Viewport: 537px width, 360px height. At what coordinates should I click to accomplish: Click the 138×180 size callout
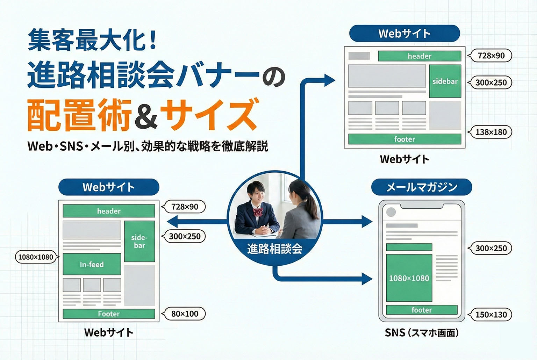[x=491, y=132]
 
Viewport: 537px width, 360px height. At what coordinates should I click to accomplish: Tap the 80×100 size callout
[x=185, y=314]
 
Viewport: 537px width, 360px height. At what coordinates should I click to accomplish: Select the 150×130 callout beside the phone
[x=491, y=315]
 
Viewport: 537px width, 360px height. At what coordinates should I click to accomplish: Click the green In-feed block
[x=92, y=264]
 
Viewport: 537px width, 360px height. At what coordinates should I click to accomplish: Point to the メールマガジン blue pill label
[x=421, y=187]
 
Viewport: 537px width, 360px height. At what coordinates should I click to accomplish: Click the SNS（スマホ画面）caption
[x=422, y=333]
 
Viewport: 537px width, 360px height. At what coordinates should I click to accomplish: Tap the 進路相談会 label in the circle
[x=274, y=249]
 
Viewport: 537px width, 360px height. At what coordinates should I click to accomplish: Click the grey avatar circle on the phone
[x=391, y=212]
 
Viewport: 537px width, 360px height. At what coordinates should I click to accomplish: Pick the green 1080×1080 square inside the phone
[x=409, y=278]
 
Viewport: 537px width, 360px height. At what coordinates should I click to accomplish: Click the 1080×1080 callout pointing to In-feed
[x=36, y=257]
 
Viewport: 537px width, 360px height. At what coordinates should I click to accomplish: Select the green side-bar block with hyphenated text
[x=139, y=241]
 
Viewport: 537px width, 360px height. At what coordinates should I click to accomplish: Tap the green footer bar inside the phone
[x=422, y=310]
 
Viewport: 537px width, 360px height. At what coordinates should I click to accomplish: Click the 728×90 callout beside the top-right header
[x=491, y=56]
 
